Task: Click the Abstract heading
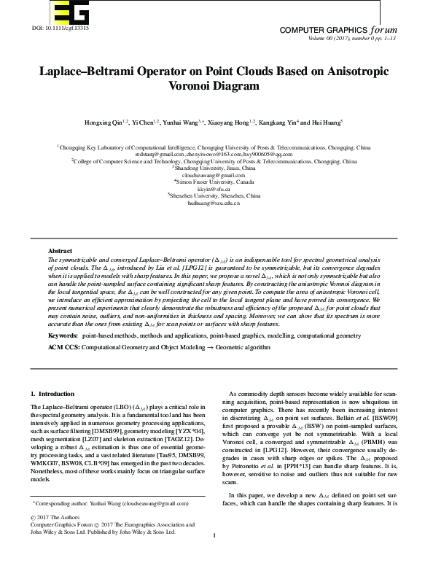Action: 60,250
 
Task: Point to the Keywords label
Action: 63,335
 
